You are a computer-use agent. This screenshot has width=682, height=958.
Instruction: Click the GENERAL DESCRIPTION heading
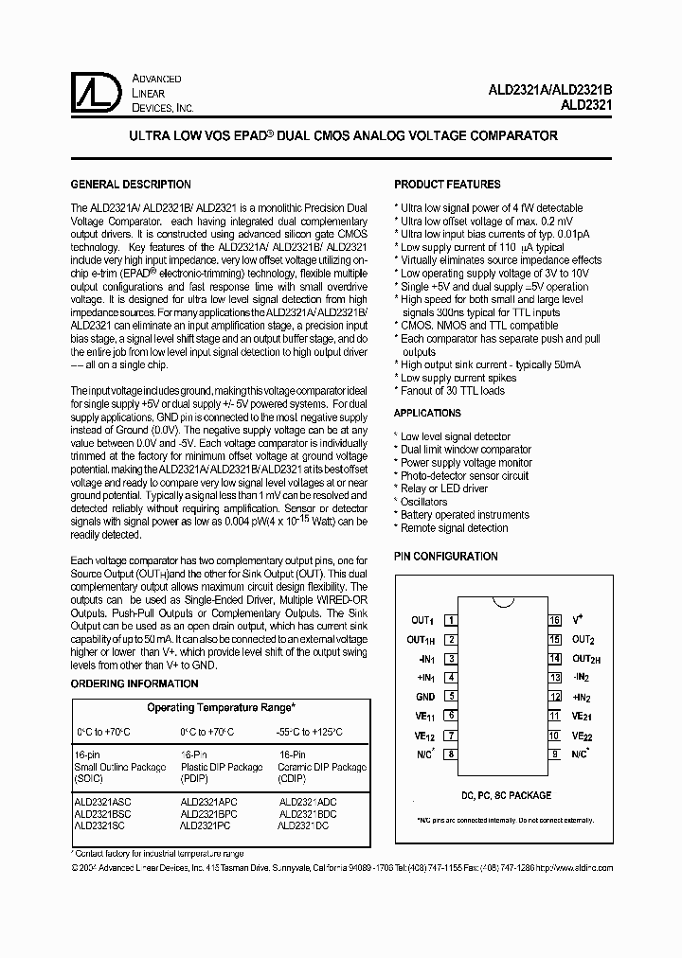coord(132,185)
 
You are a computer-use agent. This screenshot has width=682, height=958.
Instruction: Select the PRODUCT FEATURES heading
coord(447,185)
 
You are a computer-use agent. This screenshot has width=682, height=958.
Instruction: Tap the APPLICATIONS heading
coord(427,414)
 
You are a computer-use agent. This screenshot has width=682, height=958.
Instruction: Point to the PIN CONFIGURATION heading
coord(445,557)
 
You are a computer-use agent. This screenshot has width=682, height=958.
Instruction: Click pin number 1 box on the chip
coord(452,621)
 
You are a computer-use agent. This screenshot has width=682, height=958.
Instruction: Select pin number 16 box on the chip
coord(555,621)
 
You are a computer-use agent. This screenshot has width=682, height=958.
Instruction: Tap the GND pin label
coord(424,697)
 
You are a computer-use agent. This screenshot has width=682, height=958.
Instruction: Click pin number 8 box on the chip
coord(452,754)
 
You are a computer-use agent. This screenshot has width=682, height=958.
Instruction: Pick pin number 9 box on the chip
coord(555,754)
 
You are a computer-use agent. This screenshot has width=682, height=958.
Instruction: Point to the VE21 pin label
coord(582,717)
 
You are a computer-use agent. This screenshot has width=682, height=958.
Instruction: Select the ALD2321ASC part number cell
coord(103,801)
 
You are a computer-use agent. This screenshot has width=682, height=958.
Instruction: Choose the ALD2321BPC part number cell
coord(209,813)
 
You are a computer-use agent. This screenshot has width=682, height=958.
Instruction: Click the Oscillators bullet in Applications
coord(423,502)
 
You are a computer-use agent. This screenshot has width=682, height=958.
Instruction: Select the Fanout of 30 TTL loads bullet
coord(452,390)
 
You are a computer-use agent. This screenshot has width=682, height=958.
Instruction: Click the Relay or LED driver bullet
coord(444,488)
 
